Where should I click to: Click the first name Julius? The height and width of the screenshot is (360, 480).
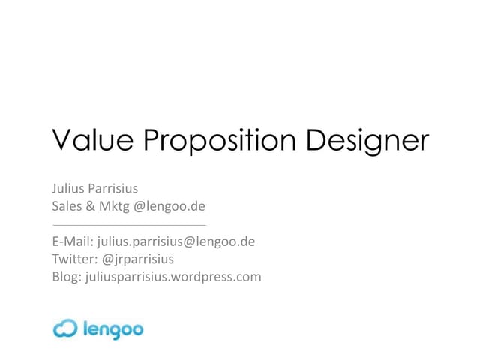[67, 190]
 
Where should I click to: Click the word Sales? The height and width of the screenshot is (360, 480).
[66, 206]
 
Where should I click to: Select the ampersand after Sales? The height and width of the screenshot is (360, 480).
[90, 206]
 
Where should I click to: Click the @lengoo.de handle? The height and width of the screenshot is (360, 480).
[169, 206]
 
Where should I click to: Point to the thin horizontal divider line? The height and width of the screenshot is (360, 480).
[128, 224]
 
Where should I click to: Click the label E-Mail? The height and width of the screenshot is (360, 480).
[73, 241]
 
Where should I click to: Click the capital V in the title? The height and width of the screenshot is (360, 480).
[61, 141]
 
